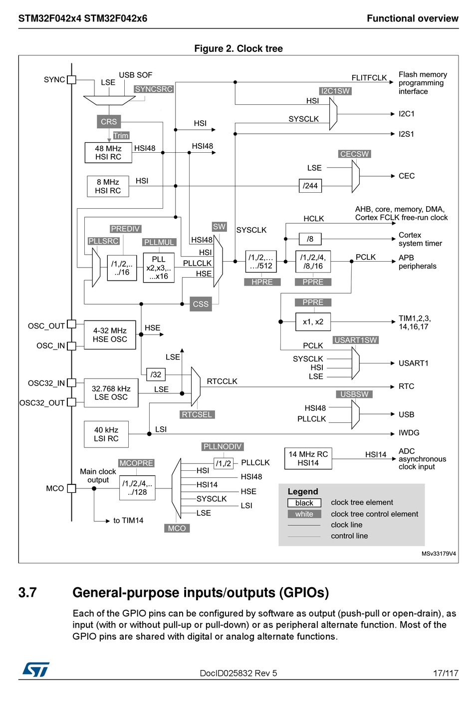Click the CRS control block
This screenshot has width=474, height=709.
[109, 121]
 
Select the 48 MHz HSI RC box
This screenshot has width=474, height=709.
[108, 153]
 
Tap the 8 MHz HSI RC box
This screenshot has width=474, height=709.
[108, 186]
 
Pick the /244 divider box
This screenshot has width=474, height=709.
[310, 185]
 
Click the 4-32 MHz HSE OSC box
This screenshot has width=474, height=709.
[110, 335]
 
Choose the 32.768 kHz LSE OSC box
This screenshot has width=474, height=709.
[111, 393]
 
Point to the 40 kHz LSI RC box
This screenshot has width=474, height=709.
[106, 434]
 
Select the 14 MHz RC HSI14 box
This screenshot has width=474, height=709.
[308, 458]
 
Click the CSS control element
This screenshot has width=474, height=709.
[201, 304]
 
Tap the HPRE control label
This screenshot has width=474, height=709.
[262, 282]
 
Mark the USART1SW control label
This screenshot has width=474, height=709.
[356, 340]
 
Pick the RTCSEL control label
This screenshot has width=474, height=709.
[197, 414]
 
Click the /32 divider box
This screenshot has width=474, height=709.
[156, 374]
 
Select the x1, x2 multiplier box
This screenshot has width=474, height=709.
[313, 322]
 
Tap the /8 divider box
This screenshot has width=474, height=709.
[310, 239]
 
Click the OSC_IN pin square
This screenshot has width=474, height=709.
[72, 346]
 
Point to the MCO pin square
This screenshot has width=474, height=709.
[72, 488]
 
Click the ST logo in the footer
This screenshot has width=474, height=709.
[36, 670]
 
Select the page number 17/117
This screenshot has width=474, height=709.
[446, 673]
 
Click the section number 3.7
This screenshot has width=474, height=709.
[27, 593]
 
